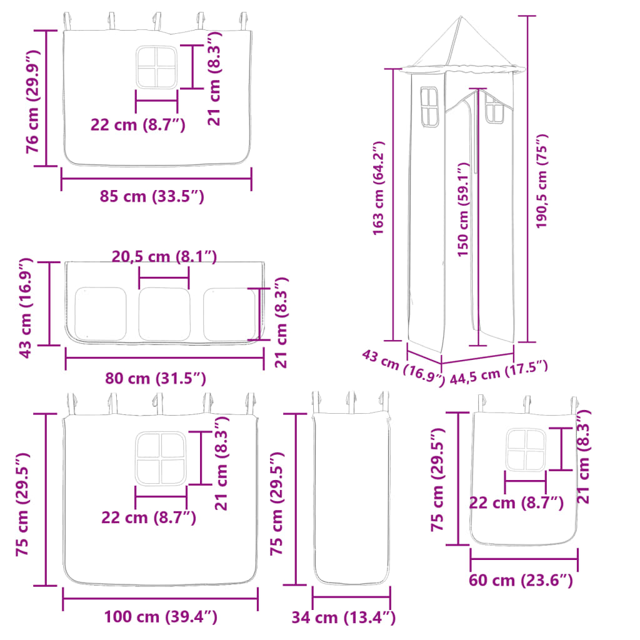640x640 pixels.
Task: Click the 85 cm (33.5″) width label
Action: click(152, 196)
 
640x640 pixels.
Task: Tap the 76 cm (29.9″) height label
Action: click(32, 99)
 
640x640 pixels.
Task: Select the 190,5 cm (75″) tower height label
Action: click(542, 181)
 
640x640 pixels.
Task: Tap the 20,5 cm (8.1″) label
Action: click(164, 256)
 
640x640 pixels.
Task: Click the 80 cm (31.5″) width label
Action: click(156, 378)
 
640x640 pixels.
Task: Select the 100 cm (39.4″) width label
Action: click(161, 617)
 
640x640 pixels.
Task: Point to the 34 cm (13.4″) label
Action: click(343, 618)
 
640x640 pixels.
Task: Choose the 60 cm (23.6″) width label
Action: click(521, 581)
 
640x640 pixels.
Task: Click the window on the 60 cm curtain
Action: click(526, 449)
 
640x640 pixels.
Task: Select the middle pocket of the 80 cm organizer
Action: click(164, 314)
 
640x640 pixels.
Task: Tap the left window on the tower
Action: click(429, 107)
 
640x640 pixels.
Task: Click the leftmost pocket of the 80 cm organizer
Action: click(101, 314)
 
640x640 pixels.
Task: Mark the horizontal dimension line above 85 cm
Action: click(156, 181)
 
